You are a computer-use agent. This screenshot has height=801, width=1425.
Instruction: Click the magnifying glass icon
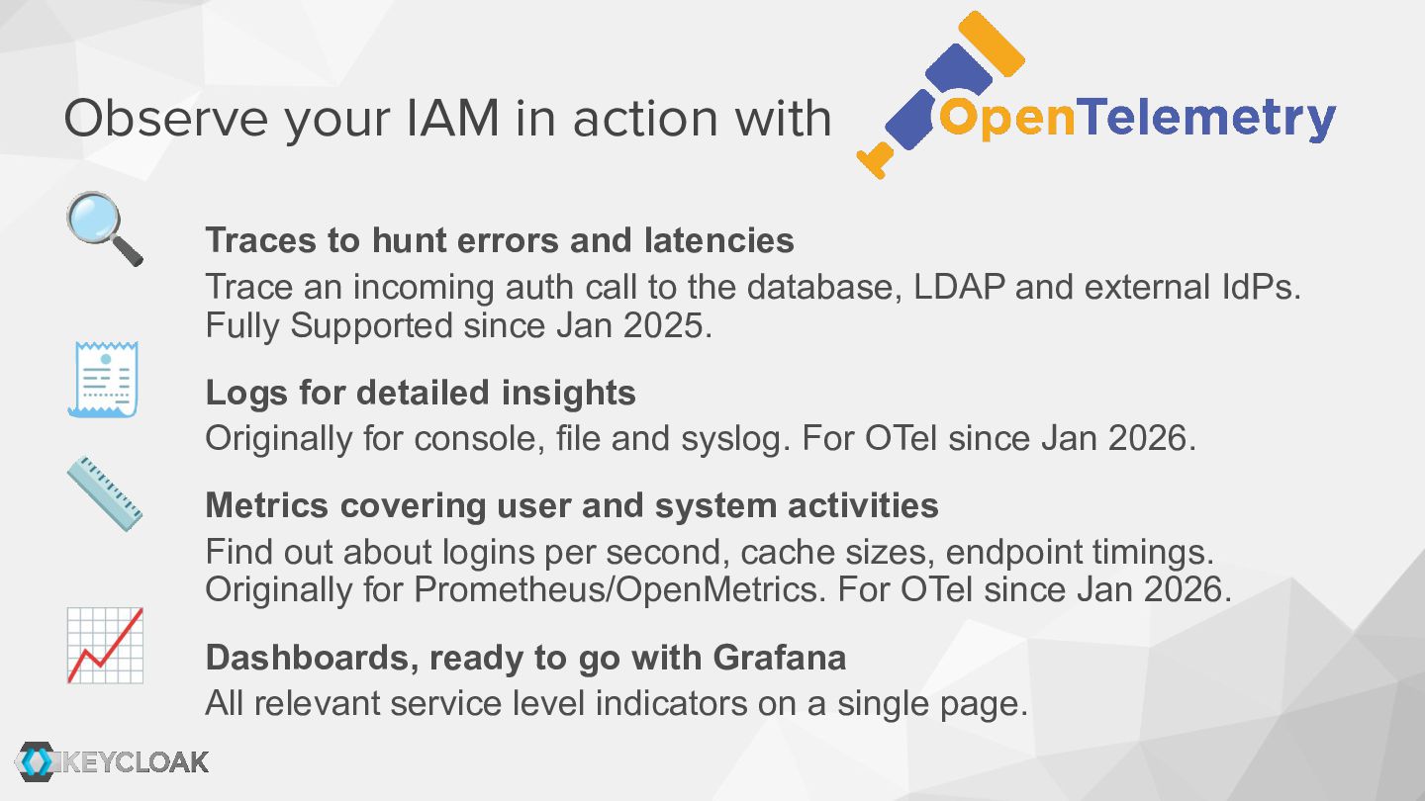[x=105, y=228]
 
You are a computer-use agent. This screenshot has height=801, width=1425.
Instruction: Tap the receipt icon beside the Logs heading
[x=103, y=380]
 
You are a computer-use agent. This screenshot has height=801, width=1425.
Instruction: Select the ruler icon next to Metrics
[x=105, y=494]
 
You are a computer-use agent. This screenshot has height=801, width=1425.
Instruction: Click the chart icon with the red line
[x=105, y=645]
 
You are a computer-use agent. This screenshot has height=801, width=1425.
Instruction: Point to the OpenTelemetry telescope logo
[x=940, y=95]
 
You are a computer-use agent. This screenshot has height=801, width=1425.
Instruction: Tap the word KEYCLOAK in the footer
[x=135, y=762]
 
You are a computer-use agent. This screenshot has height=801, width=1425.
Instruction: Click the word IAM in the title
[x=452, y=118]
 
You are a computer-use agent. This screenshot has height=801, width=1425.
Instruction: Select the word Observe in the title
[x=166, y=118]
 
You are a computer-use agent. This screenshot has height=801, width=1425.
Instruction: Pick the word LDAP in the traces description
[x=959, y=287]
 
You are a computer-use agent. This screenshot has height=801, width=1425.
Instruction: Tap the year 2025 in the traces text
[x=668, y=324]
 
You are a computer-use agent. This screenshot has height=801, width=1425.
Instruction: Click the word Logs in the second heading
[x=246, y=393]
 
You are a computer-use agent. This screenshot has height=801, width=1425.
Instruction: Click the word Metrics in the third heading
[x=267, y=505]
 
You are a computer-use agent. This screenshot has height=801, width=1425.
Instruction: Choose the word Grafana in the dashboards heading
[x=780, y=658]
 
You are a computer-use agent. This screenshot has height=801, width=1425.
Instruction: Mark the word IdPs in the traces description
[x=1262, y=287]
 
